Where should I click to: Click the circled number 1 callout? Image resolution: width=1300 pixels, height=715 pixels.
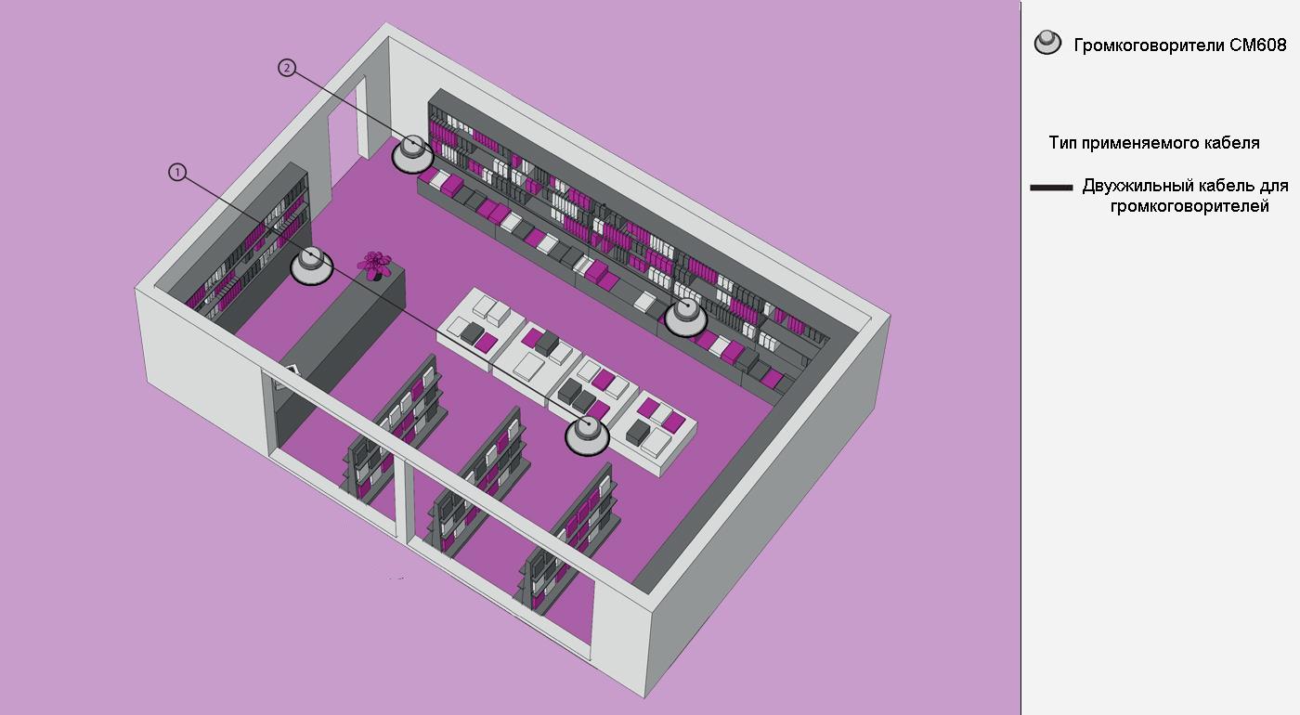[177, 173]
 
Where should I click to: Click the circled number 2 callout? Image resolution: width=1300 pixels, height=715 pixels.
[287, 68]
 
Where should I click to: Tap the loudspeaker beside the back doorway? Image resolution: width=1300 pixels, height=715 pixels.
[413, 154]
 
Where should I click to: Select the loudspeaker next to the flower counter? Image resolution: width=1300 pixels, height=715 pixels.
[312, 266]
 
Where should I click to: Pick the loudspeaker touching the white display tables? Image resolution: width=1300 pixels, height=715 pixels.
[588, 435]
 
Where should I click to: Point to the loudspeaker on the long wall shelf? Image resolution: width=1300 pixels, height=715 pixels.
[686, 317]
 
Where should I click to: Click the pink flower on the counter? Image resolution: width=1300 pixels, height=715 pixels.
[373, 264]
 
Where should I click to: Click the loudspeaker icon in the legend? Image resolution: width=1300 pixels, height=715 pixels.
[1047, 43]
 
